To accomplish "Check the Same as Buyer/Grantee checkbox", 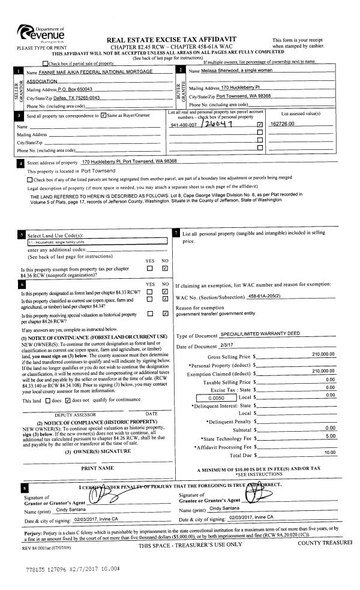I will (x=104, y=115).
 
